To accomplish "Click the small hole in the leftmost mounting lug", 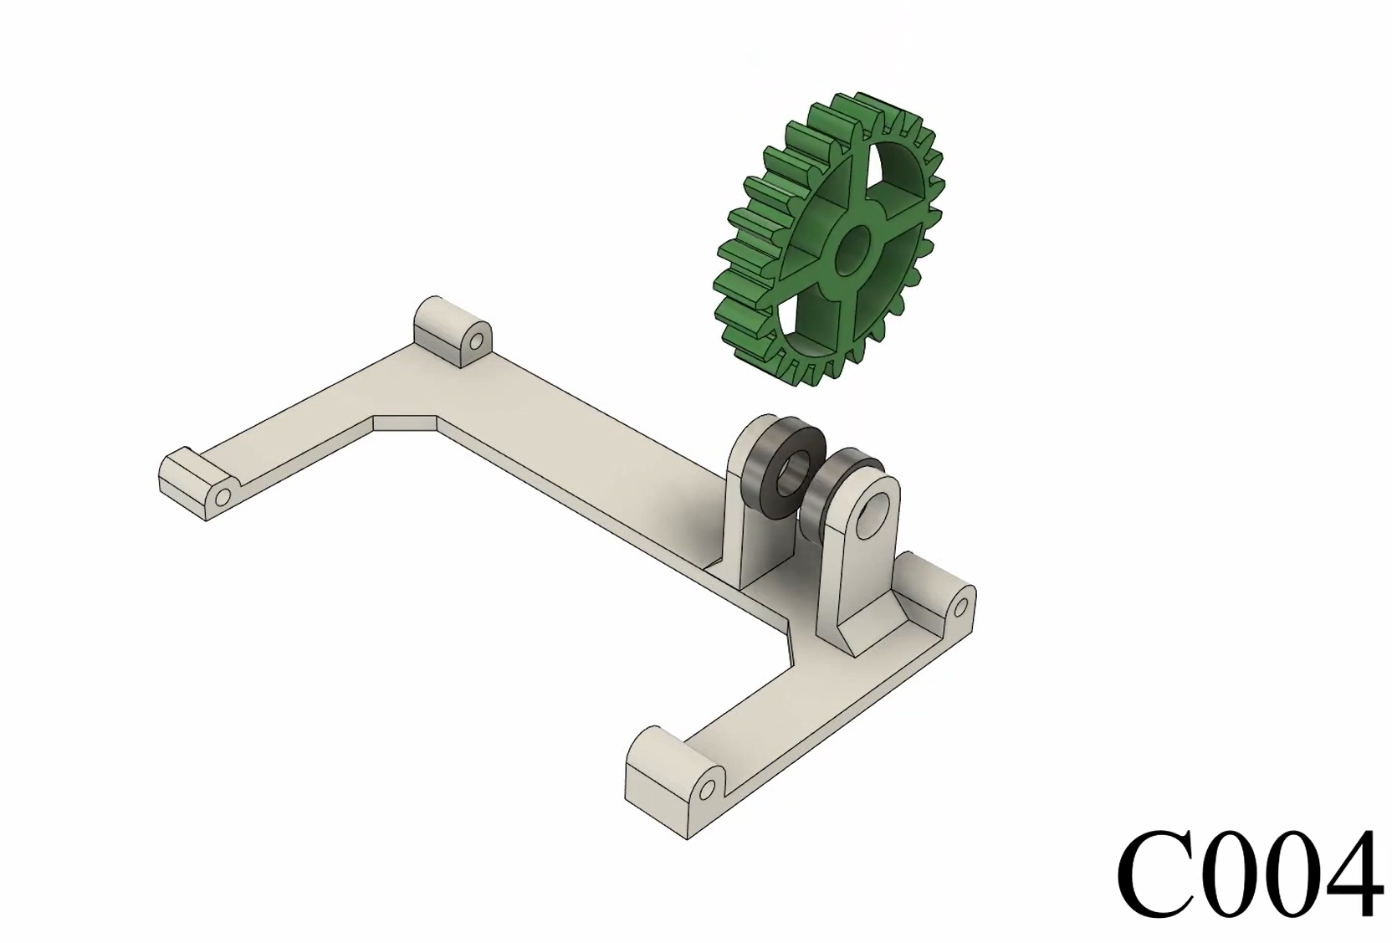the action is coord(223,497).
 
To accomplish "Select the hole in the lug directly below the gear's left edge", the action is coord(477,341).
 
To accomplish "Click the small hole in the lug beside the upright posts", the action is coord(961,605).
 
